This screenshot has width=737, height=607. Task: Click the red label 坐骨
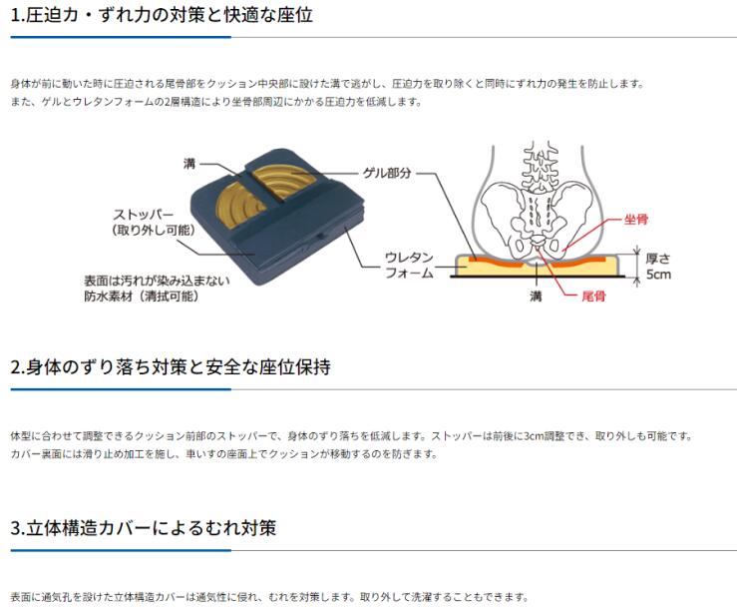pos(636,219)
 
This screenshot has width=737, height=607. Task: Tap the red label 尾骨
pos(593,296)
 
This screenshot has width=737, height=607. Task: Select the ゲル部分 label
pos(387,173)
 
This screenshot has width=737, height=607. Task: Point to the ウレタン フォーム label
pos(409,265)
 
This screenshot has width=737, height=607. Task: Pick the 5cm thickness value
pos(658,275)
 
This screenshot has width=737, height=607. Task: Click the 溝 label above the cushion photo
pos(189,164)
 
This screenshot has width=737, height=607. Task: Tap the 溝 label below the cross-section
pos(536,296)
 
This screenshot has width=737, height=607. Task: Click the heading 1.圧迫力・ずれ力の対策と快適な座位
pos(162,15)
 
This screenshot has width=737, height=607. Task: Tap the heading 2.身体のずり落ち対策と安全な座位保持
pos(171,367)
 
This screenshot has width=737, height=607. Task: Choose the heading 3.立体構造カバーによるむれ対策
pos(143,528)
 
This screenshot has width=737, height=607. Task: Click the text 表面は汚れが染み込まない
pos(157,281)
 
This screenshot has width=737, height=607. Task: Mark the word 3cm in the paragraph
pos(533,435)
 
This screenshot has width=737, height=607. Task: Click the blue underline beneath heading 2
pos(121,389)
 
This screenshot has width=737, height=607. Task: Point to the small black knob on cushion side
pos(320,236)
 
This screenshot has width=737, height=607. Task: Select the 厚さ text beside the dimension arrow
pos(658,259)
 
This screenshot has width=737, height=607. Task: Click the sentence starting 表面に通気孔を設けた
pos(269,597)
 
